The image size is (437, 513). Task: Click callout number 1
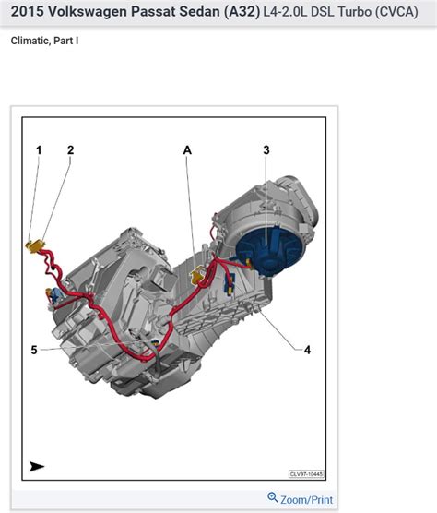39,149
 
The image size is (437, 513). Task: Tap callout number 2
70,149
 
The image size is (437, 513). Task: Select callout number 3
266,149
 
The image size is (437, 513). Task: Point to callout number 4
308,350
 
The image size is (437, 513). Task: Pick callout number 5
34,350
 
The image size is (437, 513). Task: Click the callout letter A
188,149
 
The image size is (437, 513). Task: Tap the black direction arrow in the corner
37,466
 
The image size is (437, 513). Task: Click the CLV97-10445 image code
306,474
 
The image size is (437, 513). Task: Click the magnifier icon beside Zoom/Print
273,498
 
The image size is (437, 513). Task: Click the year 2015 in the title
27,14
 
